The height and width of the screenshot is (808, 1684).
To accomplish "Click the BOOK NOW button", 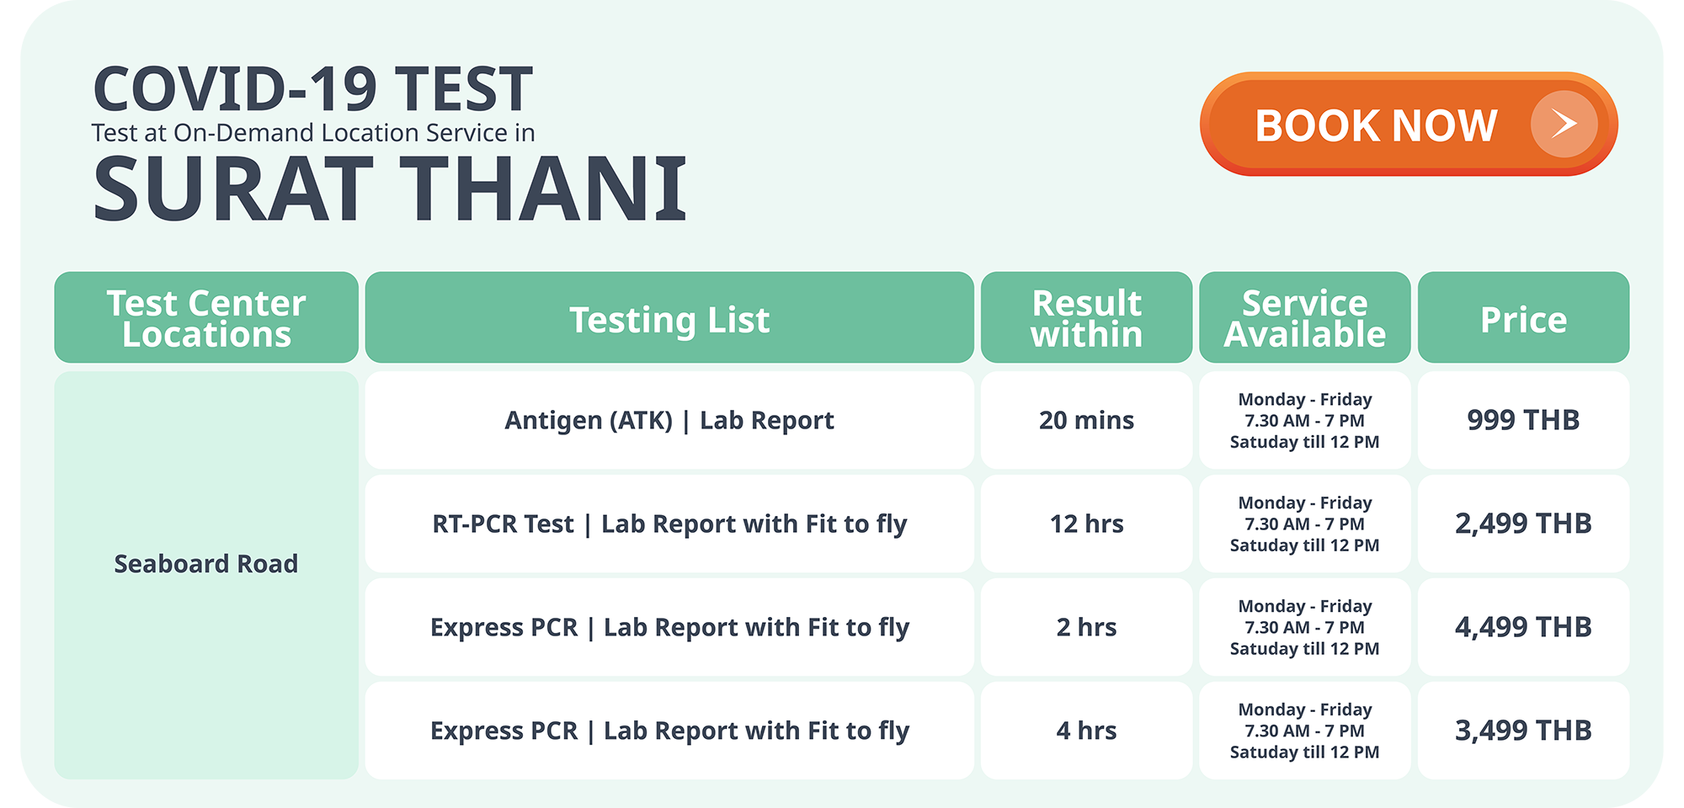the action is pos(1409,124).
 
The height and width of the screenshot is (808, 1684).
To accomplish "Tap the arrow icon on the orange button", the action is pos(1564,124).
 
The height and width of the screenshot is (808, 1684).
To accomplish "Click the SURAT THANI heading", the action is pos(390,189).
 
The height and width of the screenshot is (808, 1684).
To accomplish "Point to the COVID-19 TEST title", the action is pos(312,89).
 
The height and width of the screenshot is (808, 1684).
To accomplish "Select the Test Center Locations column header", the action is pos(206,317).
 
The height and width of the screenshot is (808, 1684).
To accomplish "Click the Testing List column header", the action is pos(669,317).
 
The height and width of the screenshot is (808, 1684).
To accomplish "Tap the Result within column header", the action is pos(1086,317).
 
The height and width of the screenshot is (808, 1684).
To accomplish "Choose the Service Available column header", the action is pos(1304,317).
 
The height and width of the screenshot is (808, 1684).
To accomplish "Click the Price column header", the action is pos(1523,317).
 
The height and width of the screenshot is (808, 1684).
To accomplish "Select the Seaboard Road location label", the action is pos(206,563).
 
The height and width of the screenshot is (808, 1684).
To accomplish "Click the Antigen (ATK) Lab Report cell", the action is pos(669,420).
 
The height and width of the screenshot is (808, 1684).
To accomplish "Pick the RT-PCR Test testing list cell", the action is pos(669,524).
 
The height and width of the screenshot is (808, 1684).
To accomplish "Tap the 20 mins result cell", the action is pos(1086,420).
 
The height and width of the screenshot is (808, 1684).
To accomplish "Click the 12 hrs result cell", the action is pos(1086,524).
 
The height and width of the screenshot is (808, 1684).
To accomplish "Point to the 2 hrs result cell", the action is pos(1086,627).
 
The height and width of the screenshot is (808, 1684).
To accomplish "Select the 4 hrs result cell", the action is pos(1086,731).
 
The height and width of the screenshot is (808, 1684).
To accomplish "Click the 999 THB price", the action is pos(1523,420).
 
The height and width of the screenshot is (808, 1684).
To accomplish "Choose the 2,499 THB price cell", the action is pos(1523,524).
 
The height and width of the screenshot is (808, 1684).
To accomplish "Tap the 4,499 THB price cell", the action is pos(1523,627).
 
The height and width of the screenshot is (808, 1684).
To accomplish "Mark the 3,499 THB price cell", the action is pos(1523,731).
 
